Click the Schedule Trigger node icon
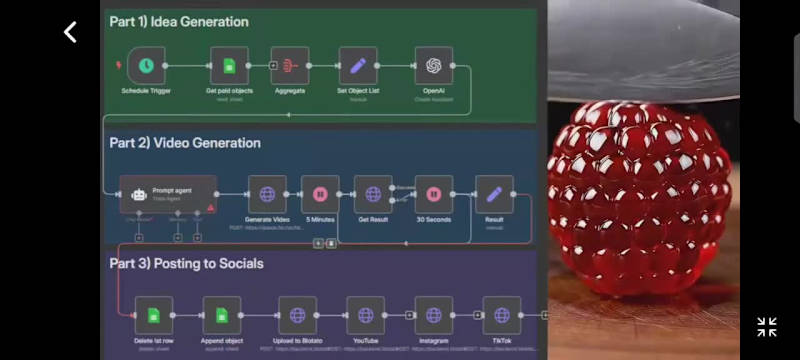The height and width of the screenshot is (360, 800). pos(147,66)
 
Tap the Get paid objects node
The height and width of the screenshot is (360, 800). pos(229,66)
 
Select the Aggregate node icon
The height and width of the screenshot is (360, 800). pos(291,66)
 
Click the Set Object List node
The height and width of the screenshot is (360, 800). pos(357,66)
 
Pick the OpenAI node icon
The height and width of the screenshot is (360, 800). pos(433,66)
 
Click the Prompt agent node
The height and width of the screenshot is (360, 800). pos(168,194)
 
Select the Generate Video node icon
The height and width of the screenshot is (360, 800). pos(267,194)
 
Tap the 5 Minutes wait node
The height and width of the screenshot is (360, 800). pos(320,194)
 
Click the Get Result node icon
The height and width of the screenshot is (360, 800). pos(372,194)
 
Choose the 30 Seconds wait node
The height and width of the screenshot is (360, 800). pos(433,194)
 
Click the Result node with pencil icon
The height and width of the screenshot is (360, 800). pos(494,194)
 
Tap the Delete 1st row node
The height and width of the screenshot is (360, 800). pos(154,315)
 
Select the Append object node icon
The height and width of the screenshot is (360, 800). pos(222,315)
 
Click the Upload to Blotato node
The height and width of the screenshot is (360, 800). pos(297,315)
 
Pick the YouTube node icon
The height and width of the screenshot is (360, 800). pos(365,315)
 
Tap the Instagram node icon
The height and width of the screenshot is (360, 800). pos(433,315)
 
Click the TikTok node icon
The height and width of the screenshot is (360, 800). pos(501,315)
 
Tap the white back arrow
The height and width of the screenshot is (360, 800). pos(70,32)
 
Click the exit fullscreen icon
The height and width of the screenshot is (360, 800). pos(767,326)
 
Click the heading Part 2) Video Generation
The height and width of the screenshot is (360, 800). pos(185,143)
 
